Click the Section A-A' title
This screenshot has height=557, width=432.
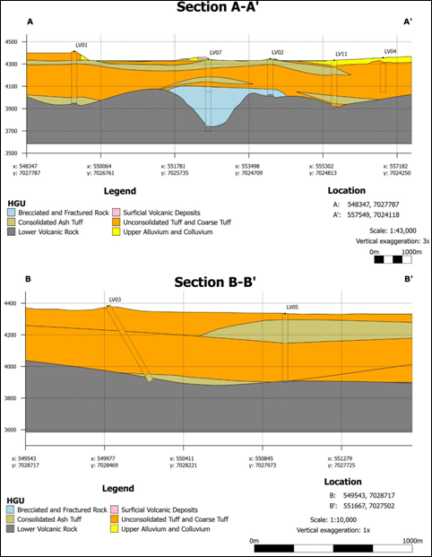(216, 8)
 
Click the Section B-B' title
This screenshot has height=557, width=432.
(215, 283)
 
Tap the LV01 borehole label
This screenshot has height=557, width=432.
(82, 45)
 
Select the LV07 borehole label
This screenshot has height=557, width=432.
(215, 53)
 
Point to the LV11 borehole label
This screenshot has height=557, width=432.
(341, 54)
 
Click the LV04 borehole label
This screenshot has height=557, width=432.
(390, 51)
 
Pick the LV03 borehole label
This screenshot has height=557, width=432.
(115, 299)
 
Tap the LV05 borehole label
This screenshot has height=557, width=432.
(292, 307)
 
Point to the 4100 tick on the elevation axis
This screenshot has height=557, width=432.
(12, 86)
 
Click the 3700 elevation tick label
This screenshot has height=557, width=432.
(12, 131)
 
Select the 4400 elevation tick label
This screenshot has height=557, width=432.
(12, 303)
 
